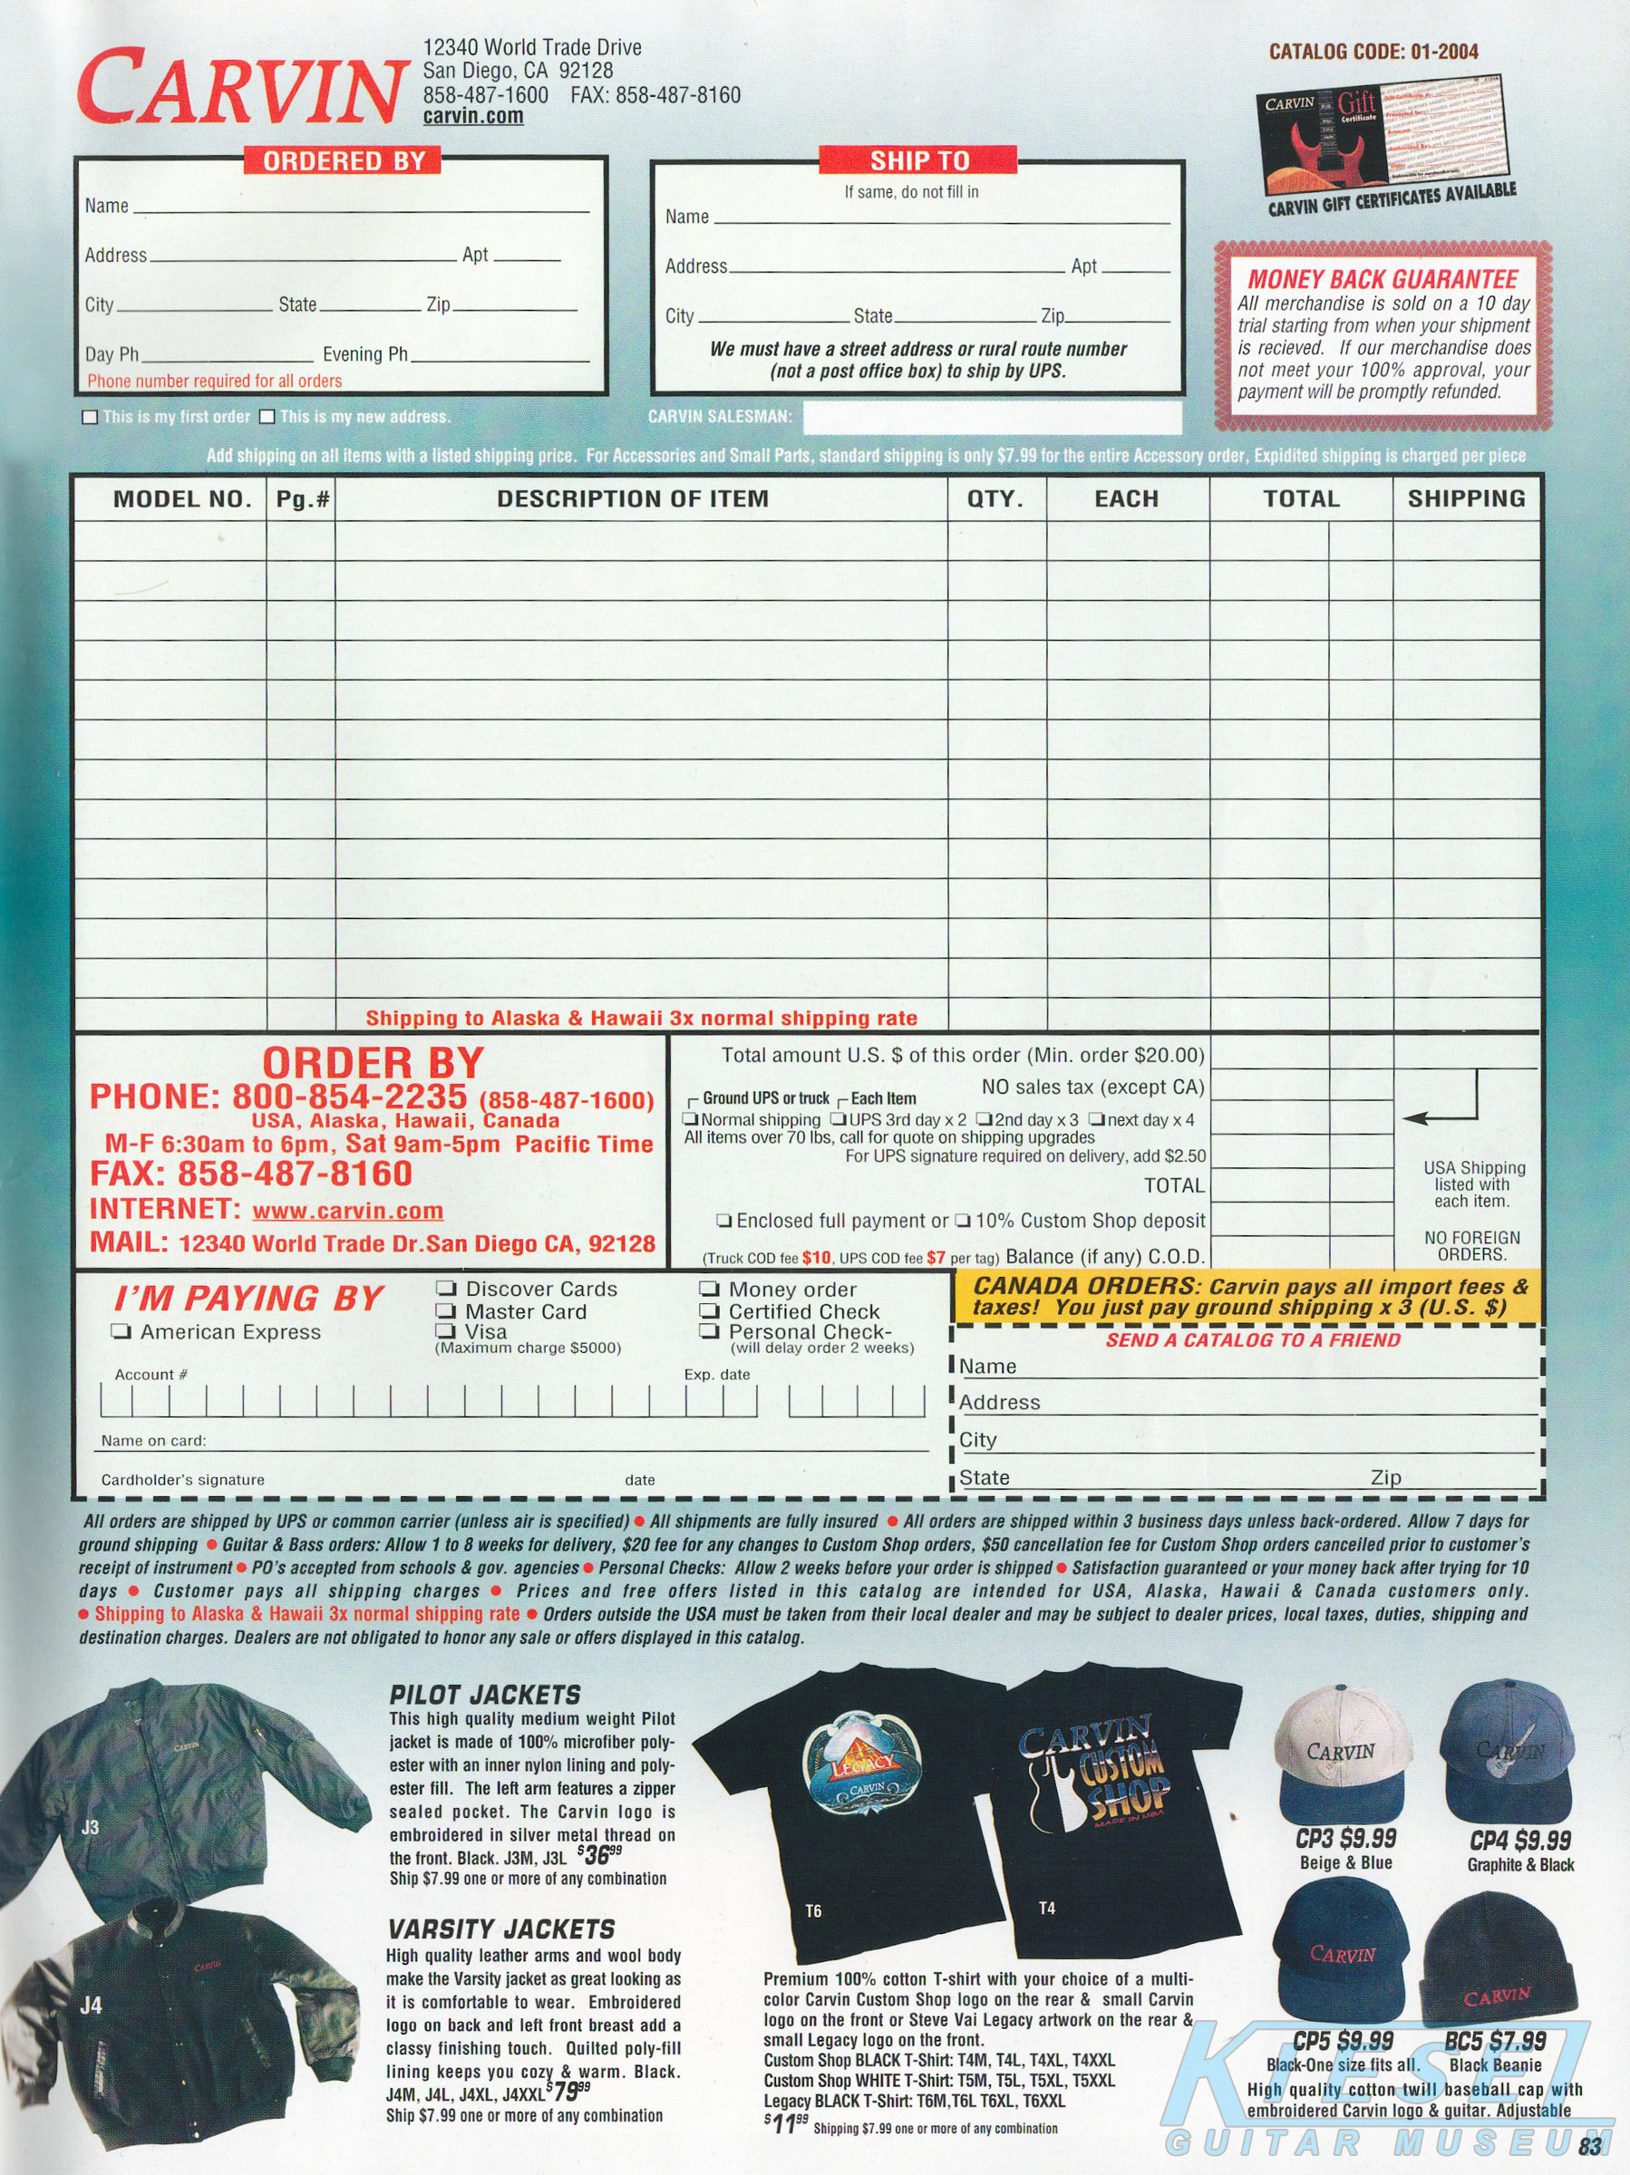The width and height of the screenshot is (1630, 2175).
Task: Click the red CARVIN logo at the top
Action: [x=241, y=89]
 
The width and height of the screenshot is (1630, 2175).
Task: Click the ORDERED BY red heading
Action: [x=344, y=161]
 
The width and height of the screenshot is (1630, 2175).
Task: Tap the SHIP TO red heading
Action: [x=918, y=161]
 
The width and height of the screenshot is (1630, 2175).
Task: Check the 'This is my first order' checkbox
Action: [x=91, y=417]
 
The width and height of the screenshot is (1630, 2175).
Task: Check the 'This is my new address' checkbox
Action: [x=267, y=417]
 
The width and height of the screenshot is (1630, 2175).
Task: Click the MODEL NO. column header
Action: [x=182, y=499]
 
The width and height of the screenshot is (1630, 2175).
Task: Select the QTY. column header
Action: [x=995, y=499]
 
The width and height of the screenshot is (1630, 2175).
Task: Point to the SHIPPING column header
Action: [x=1466, y=499]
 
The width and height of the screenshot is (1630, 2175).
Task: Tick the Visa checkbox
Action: [x=446, y=1331]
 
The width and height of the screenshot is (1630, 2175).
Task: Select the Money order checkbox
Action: [x=709, y=1289]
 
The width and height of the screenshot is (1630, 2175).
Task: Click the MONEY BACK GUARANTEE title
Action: [x=1383, y=279]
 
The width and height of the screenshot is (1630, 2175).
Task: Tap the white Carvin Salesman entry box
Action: [x=992, y=418]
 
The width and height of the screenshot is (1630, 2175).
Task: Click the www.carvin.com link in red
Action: [x=347, y=1211]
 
